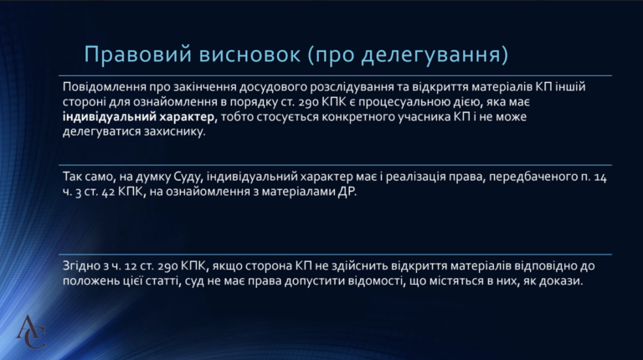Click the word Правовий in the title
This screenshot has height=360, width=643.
pyautogui.click(x=138, y=54)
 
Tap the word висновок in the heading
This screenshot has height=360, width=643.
pyautogui.click(x=249, y=54)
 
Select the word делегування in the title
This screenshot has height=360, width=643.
pyautogui.click(x=430, y=55)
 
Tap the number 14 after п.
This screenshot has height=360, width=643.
pyautogui.click(x=600, y=177)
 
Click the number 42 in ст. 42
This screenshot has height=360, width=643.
pyautogui.click(x=108, y=192)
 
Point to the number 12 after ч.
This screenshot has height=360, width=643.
pyautogui.click(x=131, y=266)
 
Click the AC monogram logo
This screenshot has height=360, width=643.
pyautogui.click(x=30, y=332)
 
